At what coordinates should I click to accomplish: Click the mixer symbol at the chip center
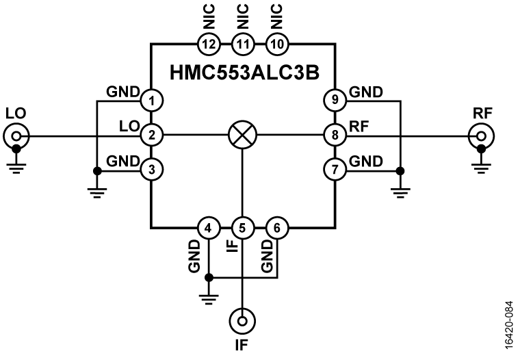pos(242,136)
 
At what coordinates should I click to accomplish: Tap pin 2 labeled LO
pos(151,136)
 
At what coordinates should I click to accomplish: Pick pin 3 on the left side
pos(151,168)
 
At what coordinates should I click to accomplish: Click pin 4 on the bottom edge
pos(208,227)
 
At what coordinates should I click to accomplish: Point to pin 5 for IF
pos(242,227)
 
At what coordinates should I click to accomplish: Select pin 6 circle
pos(276,227)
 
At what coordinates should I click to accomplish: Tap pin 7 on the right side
pos(334,168)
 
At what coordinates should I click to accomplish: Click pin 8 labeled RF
pos(334,136)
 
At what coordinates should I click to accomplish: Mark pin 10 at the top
pos(276,44)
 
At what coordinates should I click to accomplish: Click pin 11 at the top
pos(242,44)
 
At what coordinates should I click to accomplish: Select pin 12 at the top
pos(208,44)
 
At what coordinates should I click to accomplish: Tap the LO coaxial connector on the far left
pos(16,136)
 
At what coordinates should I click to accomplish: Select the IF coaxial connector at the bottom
pos(242,319)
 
